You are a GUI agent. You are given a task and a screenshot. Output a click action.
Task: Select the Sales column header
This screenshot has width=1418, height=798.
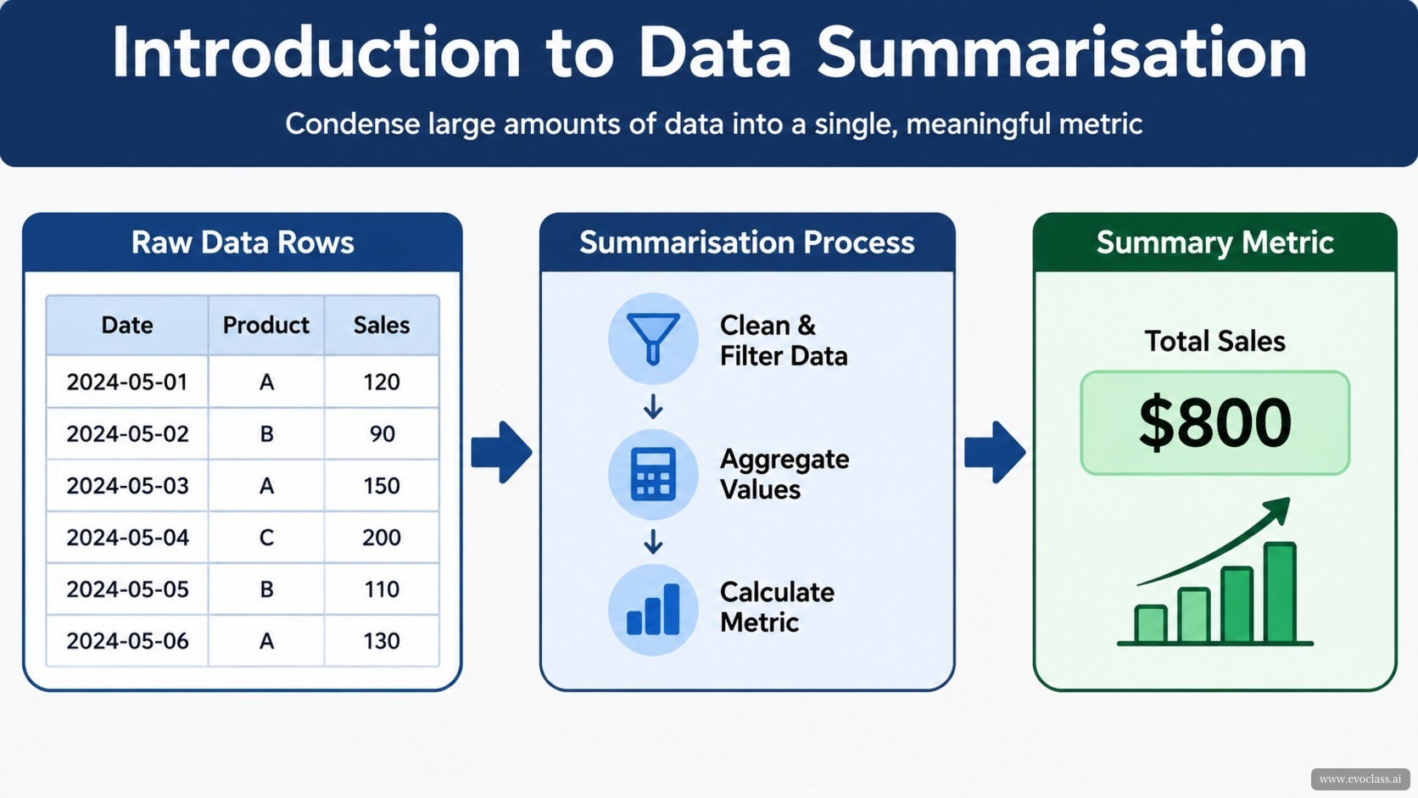382,326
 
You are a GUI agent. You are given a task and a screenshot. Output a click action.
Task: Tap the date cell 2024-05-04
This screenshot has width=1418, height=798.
127,538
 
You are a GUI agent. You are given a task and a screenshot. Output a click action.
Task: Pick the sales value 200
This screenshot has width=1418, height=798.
381,538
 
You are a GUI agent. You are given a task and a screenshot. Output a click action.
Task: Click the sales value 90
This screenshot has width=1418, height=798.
382,434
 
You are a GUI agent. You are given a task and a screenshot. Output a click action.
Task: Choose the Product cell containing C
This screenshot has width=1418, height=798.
266,538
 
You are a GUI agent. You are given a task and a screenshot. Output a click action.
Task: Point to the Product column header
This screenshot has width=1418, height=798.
266,326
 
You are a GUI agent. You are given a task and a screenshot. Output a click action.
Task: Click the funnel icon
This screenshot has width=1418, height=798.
653,338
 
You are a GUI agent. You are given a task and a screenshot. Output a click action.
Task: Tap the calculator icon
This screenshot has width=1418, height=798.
653,474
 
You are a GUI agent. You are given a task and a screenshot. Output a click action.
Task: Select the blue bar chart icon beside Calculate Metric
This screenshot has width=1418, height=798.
653,609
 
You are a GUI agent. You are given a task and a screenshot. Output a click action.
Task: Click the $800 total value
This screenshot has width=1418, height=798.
1214,422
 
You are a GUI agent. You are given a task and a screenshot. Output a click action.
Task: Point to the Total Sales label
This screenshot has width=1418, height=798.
1214,341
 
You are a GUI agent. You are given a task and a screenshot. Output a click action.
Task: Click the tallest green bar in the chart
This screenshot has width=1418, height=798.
1280,592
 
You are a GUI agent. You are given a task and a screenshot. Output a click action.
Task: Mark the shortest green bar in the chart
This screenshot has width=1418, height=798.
1150,624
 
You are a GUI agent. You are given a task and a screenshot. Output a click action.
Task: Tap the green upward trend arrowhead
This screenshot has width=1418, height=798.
1278,510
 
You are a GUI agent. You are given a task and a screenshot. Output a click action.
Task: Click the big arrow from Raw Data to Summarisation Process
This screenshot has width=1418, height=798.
501,452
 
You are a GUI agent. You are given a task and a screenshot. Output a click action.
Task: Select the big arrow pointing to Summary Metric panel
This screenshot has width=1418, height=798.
995,452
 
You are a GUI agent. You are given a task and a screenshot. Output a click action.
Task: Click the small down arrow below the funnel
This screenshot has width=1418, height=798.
653,406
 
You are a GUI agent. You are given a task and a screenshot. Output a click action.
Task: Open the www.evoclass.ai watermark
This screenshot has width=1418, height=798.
1360,779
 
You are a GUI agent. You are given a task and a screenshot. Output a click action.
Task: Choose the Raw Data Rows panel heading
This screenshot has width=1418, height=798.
243,243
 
